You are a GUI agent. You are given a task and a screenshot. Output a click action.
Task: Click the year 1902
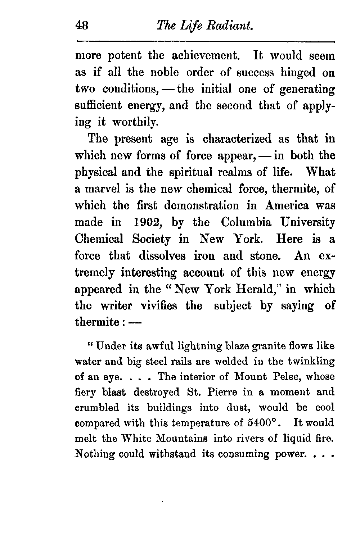147,222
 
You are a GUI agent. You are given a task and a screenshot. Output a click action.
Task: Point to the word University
307,222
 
